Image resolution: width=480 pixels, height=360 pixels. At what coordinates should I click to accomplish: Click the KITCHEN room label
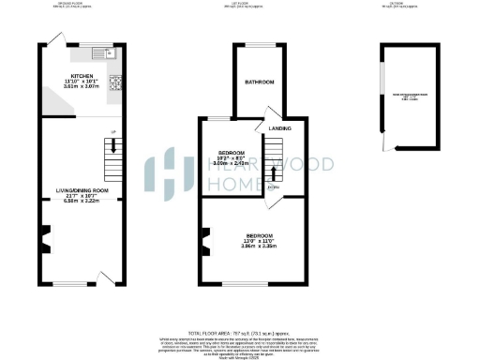81,77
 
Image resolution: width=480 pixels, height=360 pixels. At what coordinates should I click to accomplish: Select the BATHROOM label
260,82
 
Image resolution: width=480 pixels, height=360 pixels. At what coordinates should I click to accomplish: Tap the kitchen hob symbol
115,82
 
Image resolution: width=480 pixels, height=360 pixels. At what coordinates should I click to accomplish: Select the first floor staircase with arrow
274,160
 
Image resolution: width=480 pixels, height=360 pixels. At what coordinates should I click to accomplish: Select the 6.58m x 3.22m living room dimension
82,201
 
